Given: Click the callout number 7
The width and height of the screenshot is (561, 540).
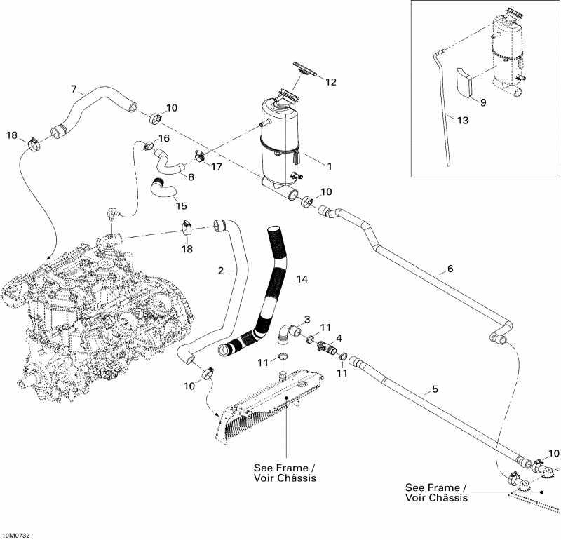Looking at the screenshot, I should click(x=74, y=88).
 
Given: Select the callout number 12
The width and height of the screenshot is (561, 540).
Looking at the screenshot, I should click(x=330, y=81).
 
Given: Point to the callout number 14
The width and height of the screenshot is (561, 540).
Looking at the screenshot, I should click(x=302, y=279).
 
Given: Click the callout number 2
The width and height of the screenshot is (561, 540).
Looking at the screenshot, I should click(x=220, y=270).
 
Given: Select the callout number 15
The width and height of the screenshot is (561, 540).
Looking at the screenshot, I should click(x=181, y=206).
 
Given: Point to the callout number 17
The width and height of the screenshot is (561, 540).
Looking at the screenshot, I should click(x=217, y=168).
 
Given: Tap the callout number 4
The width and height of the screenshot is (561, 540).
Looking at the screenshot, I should click(x=339, y=337).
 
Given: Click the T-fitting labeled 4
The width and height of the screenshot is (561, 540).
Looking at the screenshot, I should click(x=325, y=345).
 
